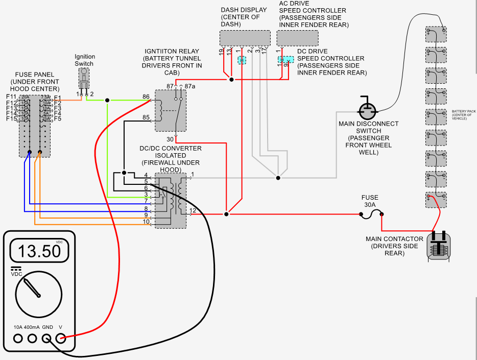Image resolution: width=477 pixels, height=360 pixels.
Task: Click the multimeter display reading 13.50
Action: point(39,251)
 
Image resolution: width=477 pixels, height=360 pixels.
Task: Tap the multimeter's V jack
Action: point(61,338)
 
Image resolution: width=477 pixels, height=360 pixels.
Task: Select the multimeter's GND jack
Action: point(47,338)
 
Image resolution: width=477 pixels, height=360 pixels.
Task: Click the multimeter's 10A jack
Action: point(18,338)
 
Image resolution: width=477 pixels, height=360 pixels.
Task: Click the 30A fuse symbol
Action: point(371,215)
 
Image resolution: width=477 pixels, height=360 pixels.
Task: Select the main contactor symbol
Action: point(439,246)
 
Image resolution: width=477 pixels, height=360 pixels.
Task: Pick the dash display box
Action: point(245,38)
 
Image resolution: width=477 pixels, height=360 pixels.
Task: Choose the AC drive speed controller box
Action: point(297,38)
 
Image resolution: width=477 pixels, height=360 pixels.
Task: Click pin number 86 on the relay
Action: point(146,97)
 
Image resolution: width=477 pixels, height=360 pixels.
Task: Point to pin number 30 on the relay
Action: point(170,139)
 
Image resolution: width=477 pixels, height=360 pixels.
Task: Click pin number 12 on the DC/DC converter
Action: point(193,210)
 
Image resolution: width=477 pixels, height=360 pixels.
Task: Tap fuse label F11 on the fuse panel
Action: point(11,97)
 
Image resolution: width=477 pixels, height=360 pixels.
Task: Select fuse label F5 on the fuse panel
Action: point(58,119)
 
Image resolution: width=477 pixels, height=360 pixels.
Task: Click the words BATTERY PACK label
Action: point(462,111)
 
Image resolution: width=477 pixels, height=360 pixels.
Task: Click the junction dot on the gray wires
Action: point(278,178)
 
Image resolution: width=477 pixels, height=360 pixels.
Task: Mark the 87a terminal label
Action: point(190,86)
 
